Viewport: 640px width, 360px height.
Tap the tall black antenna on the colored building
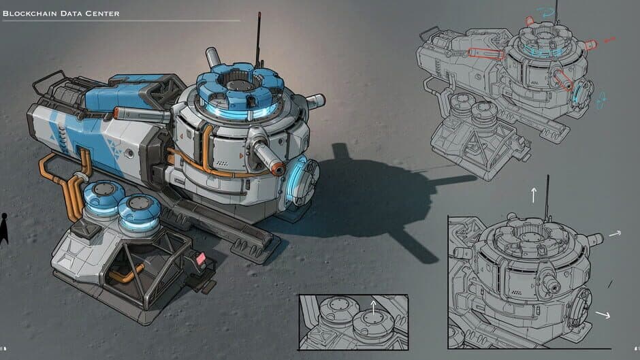(258, 39)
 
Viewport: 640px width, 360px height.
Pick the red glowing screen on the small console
(200, 259)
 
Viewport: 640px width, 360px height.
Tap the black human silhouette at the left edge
(4, 229)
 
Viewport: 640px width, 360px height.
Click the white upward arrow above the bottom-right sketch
(534, 195)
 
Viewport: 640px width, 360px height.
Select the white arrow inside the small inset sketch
(373, 308)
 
